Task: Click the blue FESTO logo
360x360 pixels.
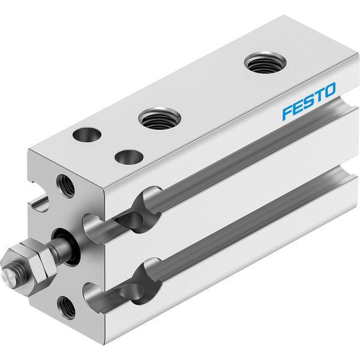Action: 309,101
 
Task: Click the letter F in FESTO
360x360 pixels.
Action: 289,113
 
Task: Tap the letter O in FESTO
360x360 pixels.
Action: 329,90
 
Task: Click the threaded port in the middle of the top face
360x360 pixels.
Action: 160,118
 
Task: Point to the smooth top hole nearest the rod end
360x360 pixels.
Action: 87,135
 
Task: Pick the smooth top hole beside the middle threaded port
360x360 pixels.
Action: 129,157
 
